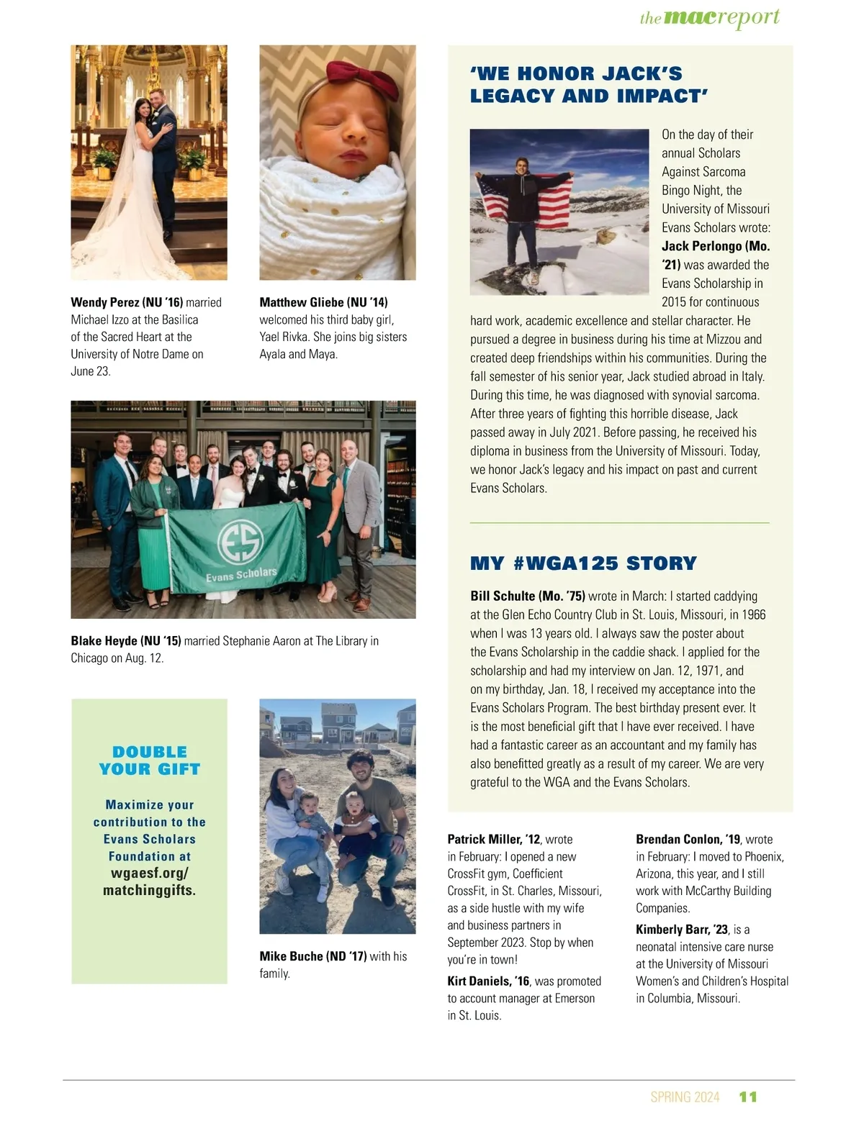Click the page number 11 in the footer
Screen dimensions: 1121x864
click(x=748, y=1097)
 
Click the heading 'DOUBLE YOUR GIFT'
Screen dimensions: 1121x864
click(x=150, y=761)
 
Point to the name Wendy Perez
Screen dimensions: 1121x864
click(x=104, y=302)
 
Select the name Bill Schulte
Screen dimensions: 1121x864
click(x=503, y=596)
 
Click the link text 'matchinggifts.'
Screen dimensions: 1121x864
click(x=149, y=890)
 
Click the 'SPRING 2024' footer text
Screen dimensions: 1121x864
click(x=685, y=1097)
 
